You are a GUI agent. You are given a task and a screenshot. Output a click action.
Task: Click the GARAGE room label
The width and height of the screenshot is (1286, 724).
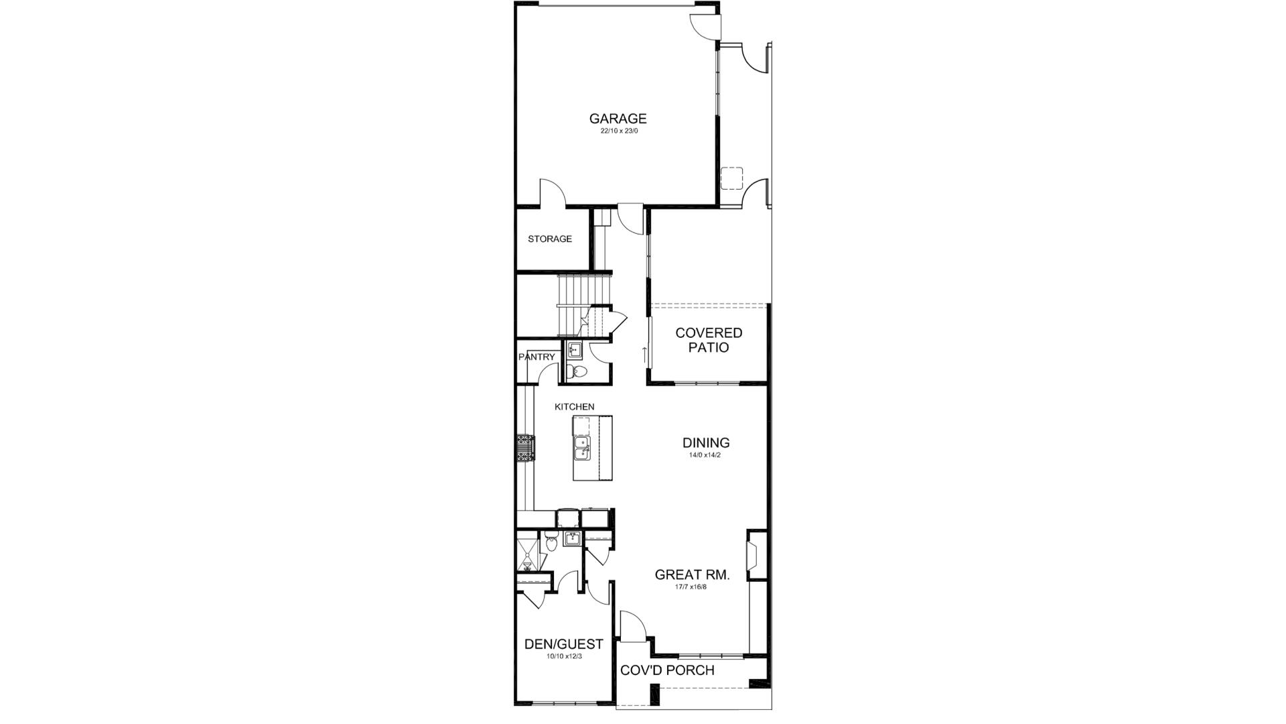click(x=618, y=119)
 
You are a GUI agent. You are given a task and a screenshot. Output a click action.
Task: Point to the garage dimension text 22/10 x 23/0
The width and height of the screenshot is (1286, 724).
click(x=618, y=131)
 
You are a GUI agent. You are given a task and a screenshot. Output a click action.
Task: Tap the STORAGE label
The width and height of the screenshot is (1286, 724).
click(x=549, y=239)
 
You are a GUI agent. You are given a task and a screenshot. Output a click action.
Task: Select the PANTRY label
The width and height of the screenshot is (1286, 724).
click(x=537, y=357)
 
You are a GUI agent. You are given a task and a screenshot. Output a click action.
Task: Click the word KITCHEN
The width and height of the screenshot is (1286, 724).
click(x=574, y=407)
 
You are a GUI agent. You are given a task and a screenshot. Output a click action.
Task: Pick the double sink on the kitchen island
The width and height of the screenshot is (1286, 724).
click(x=581, y=448)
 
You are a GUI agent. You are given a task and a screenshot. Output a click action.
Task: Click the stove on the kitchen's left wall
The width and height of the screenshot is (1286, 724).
click(x=525, y=447)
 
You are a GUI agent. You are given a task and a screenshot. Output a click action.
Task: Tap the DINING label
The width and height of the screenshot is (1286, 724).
click(x=705, y=442)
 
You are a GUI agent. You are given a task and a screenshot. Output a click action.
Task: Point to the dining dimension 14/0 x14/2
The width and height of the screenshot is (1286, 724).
click(x=705, y=455)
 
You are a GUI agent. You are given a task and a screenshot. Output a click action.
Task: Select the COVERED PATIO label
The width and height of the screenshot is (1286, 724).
click(x=709, y=340)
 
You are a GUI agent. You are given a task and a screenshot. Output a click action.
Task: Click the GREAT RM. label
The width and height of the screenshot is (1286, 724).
click(x=691, y=575)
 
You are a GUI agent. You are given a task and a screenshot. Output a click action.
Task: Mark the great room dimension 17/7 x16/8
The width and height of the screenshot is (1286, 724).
click(x=691, y=587)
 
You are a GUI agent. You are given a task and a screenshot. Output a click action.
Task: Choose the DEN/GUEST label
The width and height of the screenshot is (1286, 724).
click(x=563, y=644)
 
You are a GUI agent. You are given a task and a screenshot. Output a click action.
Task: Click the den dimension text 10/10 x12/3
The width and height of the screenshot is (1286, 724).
click(x=563, y=656)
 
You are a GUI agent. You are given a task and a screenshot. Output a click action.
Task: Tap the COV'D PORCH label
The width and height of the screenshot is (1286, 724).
click(x=667, y=670)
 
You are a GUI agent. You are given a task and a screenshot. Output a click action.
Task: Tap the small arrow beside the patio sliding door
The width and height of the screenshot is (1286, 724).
click(x=644, y=353)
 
